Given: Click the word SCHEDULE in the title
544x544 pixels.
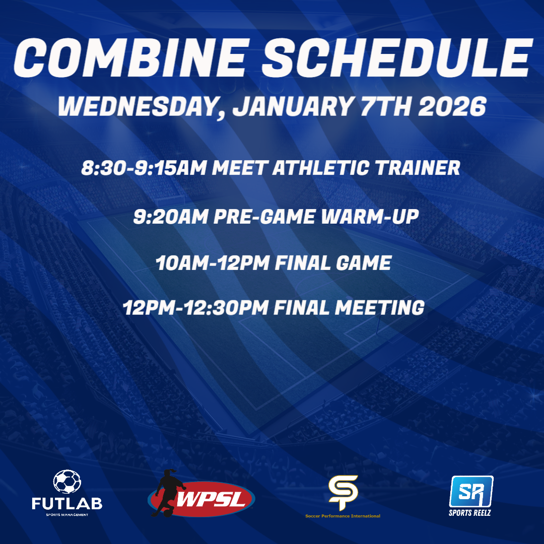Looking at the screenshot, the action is tap(397, 57).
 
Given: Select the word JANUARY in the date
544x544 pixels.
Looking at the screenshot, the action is tap(293, 106).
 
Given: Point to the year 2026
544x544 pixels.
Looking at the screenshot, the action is tap(452, 106).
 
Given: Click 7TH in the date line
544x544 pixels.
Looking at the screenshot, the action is tap(386, 106).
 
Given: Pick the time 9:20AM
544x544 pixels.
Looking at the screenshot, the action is tap(171, 217).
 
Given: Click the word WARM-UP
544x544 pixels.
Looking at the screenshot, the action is tap(370, 217).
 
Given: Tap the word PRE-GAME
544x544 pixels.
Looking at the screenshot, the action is tap(264, 217).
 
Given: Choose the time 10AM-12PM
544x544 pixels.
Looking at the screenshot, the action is tap(213, 263).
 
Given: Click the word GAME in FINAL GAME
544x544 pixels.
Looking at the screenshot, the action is tap(364, 263).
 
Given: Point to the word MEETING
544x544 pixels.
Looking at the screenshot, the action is tap(380, 308).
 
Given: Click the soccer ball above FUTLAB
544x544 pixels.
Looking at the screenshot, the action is tap(67, 482).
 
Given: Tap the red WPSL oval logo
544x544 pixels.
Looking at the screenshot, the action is tap(202, 498).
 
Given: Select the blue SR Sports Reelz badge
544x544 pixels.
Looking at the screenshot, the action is tap(471, 492).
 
